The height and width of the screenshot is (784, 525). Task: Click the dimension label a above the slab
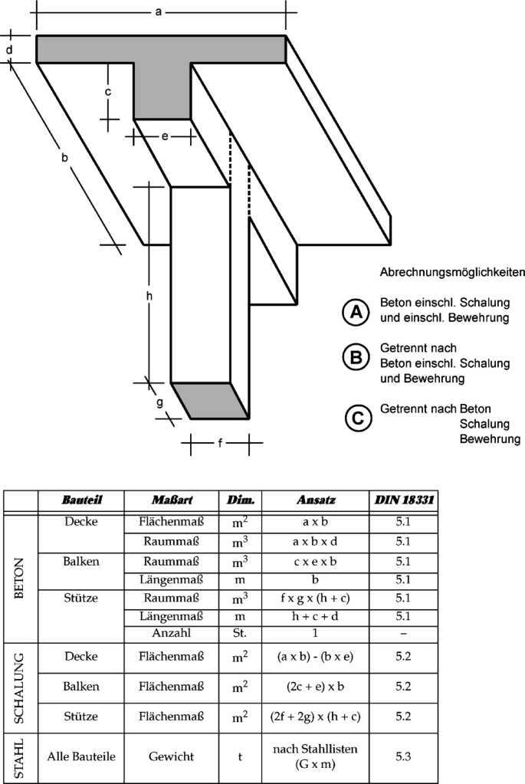tap(159, 11)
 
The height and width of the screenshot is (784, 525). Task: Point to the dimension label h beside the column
tap(149, 296)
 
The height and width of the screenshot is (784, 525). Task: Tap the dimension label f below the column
tap(220, 442)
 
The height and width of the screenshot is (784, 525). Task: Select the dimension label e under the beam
tap(165, 136)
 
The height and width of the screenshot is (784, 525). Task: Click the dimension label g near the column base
tap(159, 402)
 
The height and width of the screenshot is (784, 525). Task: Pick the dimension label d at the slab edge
tap(9, 50)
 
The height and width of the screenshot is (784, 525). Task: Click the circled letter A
tap(356, 313)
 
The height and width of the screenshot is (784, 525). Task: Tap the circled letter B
tap(356, 357)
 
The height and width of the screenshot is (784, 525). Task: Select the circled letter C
tap(358, 418)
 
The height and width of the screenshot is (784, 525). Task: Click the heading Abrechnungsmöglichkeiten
tap(452, 273)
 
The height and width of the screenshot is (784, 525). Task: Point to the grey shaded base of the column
tap(210, 401)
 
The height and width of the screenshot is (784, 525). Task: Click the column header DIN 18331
tap(404, 500)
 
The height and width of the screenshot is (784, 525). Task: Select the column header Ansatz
tap(316, 500)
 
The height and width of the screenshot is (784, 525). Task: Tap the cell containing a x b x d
tap(315, 542)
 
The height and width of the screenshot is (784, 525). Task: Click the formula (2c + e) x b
tap(315, 687)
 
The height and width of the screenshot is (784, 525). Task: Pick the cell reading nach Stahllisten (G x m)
tap(315, 756)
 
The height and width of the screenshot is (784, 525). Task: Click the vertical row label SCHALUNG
tap(19, 688)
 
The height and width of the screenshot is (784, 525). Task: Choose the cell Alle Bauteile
tap(81, 756)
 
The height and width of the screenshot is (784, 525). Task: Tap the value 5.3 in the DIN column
tap(403, 756)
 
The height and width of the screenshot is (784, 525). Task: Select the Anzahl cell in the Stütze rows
tap(172, 633)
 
